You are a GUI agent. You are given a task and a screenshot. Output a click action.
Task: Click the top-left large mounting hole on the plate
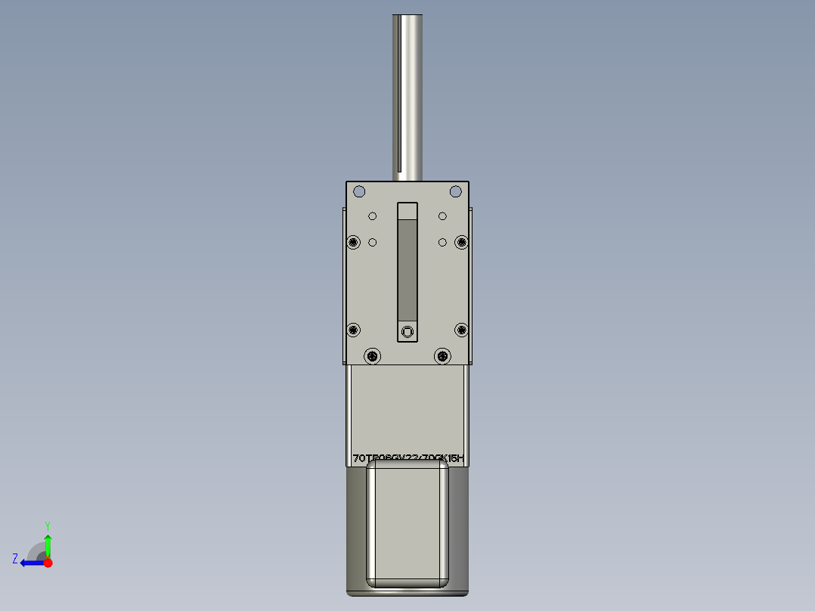click(359, 191)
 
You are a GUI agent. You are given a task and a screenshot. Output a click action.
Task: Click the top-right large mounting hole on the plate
click(455, 191)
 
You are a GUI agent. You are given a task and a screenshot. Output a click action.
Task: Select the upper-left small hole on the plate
click(372, 216)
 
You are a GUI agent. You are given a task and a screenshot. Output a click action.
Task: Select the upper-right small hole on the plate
click(442, 216)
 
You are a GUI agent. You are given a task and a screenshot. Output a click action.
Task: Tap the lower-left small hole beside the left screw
click(372, 242)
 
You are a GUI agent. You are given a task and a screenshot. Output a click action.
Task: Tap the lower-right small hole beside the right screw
click(442, 242)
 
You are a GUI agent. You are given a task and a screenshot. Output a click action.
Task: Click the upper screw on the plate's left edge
click(353, 242)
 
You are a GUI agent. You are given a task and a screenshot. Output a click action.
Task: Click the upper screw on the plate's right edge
click(461, 242)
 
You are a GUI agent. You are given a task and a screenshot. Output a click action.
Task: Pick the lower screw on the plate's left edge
click(353, 330)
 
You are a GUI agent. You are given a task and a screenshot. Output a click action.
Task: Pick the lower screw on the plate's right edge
click(461, 330)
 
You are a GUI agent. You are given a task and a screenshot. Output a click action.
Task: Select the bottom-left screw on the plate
click(372, 355)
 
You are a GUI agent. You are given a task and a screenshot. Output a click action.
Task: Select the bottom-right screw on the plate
click(442, 355)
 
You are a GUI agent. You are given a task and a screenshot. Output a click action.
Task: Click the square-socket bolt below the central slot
click(407, 330)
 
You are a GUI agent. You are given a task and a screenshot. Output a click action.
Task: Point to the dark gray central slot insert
click(407, 268)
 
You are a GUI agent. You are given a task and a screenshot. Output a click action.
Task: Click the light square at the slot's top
click(407, 209)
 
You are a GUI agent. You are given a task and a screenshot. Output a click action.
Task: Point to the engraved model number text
click(407, 458)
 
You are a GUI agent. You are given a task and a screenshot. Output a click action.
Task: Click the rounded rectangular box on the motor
click(407, 525)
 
